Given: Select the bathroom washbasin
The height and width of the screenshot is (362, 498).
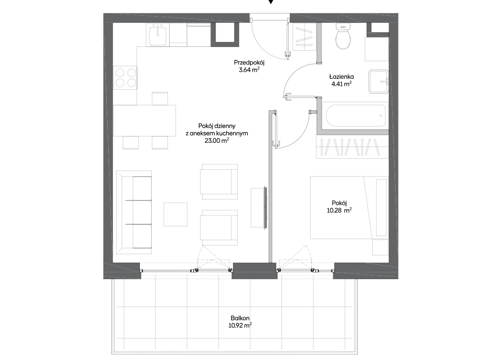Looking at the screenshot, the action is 378,82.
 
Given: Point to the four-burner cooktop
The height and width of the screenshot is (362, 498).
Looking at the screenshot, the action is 126,78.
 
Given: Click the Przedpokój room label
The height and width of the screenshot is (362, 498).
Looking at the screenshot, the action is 249,62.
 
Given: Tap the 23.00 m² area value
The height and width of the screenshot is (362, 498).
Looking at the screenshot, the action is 217,140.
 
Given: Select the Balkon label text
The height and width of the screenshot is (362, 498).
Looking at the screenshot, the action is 240,318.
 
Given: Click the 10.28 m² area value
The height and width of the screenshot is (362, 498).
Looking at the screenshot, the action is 339,210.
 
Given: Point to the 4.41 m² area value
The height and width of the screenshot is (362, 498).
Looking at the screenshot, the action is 341,84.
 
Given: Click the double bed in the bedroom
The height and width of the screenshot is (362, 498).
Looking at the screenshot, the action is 350,207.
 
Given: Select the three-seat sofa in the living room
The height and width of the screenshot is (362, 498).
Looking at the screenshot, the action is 134,212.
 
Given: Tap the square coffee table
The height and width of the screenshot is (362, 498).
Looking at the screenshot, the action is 175,214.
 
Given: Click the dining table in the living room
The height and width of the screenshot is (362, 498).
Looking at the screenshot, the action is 145,121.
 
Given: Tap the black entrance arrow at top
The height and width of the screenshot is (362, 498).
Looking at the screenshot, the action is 271,1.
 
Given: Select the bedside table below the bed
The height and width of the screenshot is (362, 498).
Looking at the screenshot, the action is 380,247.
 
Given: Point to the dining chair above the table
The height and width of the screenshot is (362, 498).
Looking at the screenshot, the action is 160,99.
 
